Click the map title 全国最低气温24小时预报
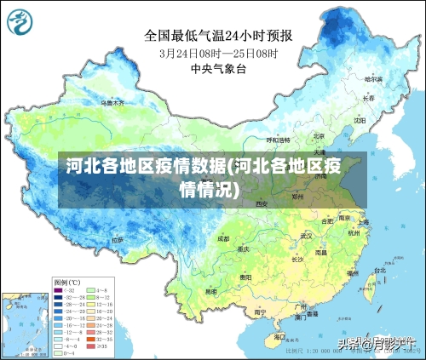coord(218,35)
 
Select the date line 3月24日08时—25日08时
coord(218,52)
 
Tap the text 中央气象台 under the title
coord(218,68)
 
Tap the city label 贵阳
coord(245,277)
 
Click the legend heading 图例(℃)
coord(66,282)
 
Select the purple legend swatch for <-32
coord(59,290)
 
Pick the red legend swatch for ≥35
coord(89,346)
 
